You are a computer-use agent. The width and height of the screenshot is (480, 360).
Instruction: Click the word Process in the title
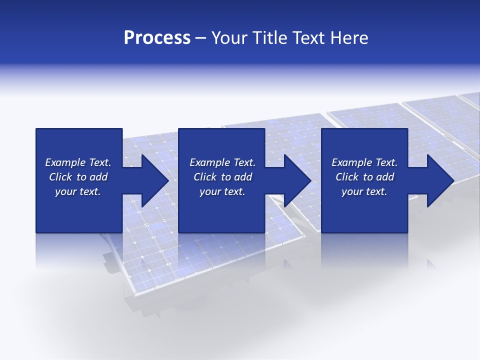[x=157, y=38]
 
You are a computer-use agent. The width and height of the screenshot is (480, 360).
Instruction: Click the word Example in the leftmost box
[x=65, y=162]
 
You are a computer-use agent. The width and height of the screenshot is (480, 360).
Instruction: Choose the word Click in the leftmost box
[x=60, y=177]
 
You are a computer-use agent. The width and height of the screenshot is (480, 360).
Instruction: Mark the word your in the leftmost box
[x=65, y=192]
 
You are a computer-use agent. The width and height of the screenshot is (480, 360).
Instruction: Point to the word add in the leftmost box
[x=98, y=177]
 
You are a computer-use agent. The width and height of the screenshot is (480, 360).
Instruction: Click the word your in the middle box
[x=209, y=192]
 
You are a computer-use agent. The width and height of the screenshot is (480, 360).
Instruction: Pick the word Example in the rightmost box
[x=352, y=162]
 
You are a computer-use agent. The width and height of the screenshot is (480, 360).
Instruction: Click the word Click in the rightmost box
[x=347, y=177]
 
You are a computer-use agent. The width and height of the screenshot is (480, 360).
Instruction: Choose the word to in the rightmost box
[x=368, y=177]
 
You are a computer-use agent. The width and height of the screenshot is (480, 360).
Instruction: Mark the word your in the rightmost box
[x=351, y=192]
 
